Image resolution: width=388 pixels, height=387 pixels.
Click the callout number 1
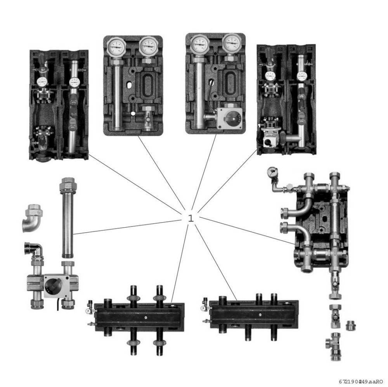click(x=191, y=218)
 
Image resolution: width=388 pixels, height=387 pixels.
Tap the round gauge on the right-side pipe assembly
click(x=272, y=171)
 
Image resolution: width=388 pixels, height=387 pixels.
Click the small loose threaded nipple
click(x=350, y=326)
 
